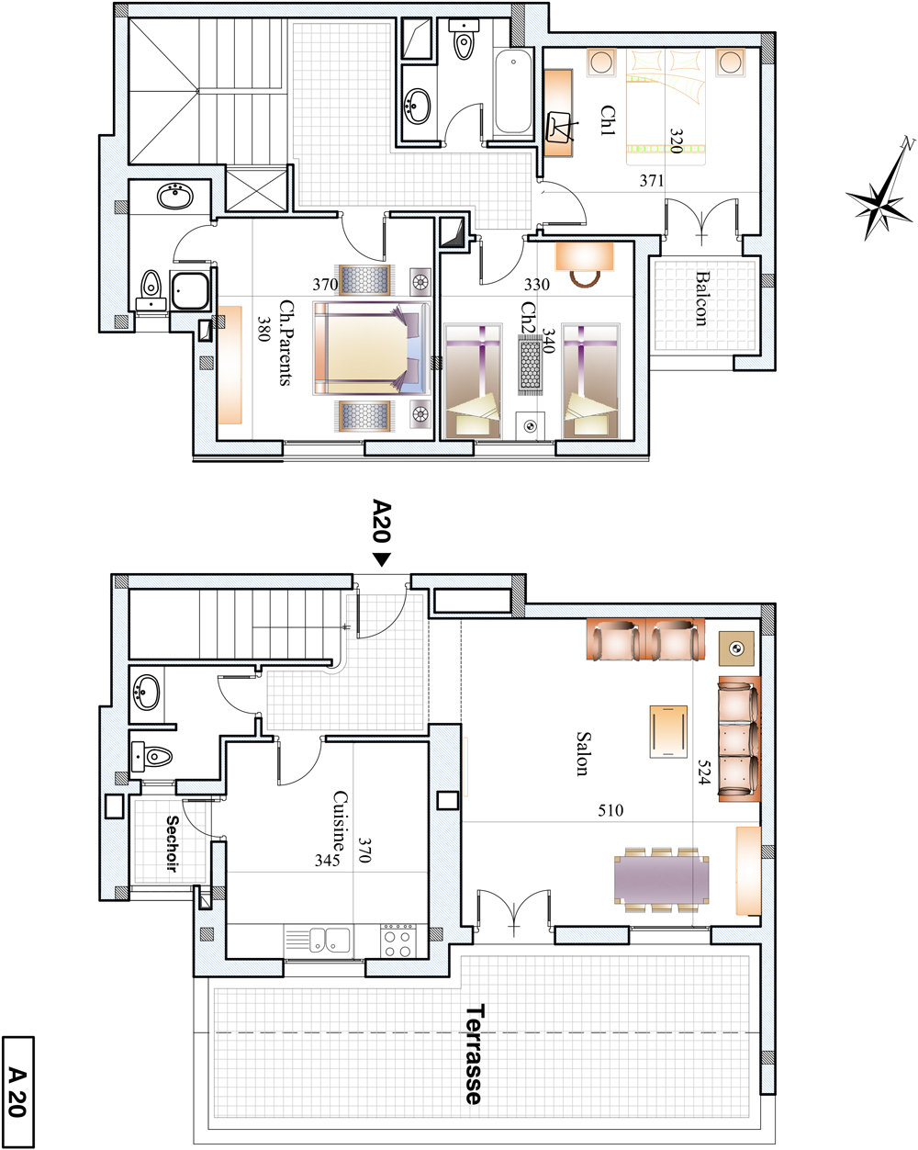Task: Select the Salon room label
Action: point(583,753)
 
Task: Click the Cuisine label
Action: point(341,821)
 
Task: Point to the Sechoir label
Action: point(172,842)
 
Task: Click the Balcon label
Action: point(701,299)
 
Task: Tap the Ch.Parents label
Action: point(286,343)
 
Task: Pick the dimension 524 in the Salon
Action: point(704,772)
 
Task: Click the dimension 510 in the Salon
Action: point(610,811)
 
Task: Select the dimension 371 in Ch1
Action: point(652,181)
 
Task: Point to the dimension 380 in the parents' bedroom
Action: point(263,329)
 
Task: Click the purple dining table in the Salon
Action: point(661,879)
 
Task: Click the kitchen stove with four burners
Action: point(397,941)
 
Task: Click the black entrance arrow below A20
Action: point(382,559)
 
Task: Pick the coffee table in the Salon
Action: point(668,731)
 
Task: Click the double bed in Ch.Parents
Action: point(372,348)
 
